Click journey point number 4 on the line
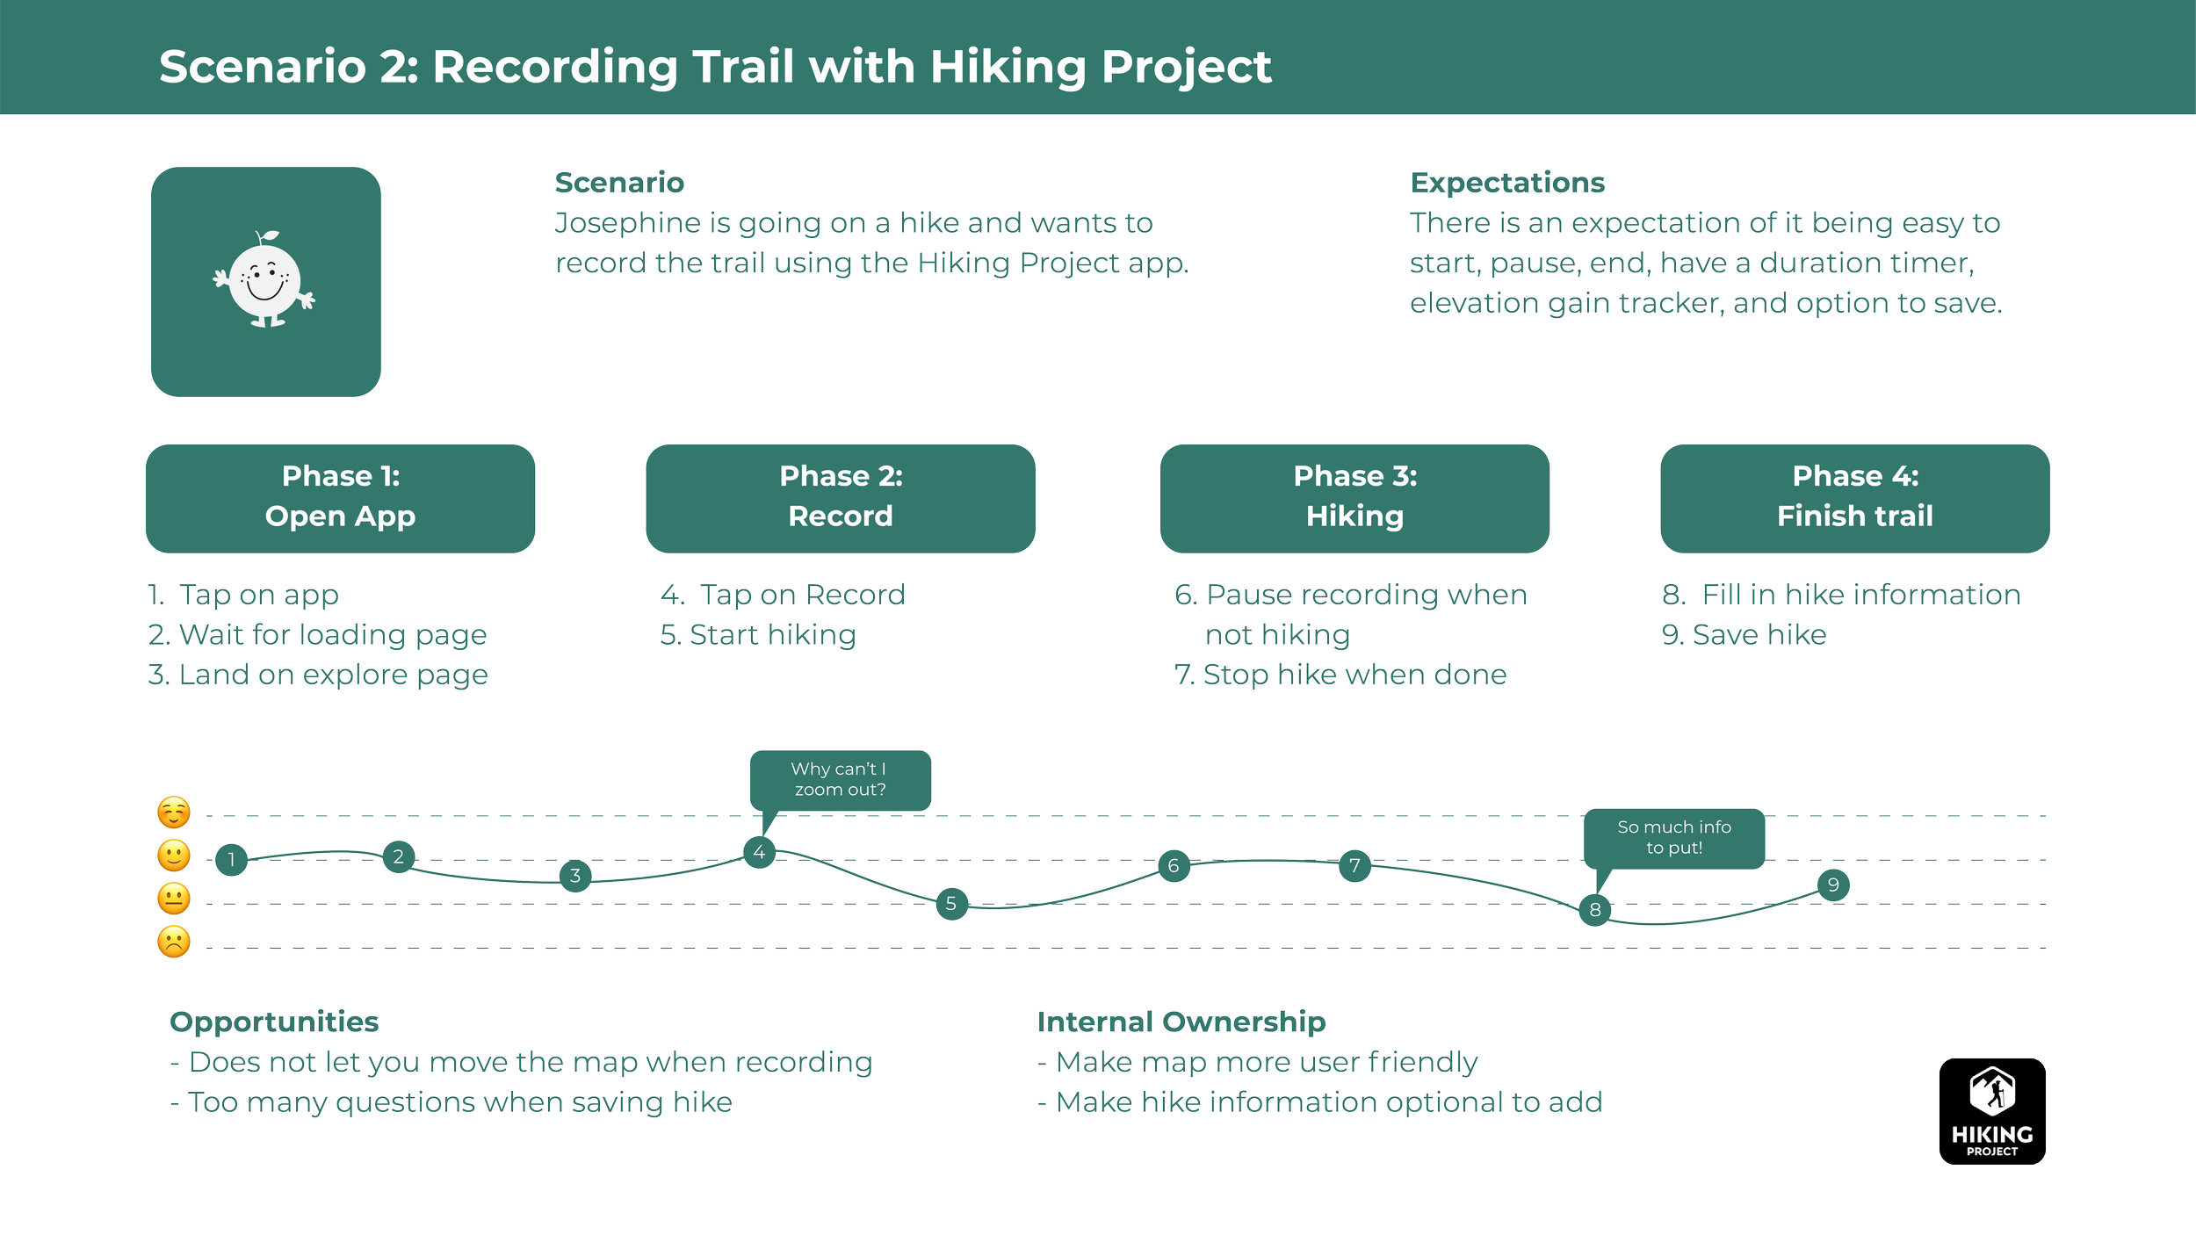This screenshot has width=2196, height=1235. click(759, 852)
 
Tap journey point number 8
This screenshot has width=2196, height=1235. click(1595, 909)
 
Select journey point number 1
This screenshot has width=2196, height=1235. click(232, 859)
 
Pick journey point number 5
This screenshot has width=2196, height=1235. click(951, 903)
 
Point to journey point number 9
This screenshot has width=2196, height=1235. click(1833, 885)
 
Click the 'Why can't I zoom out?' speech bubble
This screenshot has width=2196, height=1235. click(840, 779)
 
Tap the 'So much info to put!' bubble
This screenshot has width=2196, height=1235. click(1673, 837)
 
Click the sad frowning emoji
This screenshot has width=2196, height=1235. click(174, 942)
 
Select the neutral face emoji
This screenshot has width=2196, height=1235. click(174, 899)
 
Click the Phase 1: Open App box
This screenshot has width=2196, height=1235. click(340, 497)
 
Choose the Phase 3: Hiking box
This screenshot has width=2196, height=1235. click(1354, 497)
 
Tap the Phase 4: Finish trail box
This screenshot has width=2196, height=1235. click(1855, 497)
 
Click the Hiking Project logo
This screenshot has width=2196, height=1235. click(1992, 1111)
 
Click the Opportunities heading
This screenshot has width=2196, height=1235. click(274, 1022)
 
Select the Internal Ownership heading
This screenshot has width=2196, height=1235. click(1181, 1022)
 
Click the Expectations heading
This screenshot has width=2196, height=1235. click(1507, 183)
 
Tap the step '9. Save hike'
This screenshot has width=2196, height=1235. click(1745, 634)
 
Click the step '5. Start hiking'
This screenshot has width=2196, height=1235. click(758, 634)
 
